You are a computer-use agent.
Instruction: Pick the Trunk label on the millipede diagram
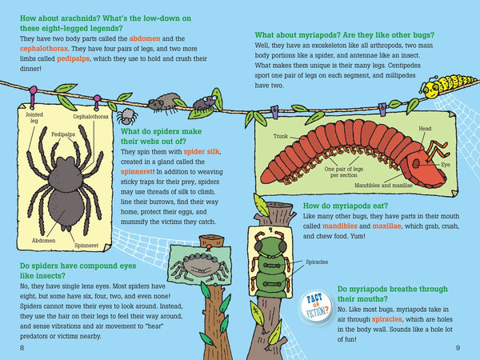[279, 137]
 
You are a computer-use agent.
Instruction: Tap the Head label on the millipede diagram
[426, 128]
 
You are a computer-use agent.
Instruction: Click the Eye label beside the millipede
[446, 163]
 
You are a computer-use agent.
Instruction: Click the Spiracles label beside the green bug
[310, 261]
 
